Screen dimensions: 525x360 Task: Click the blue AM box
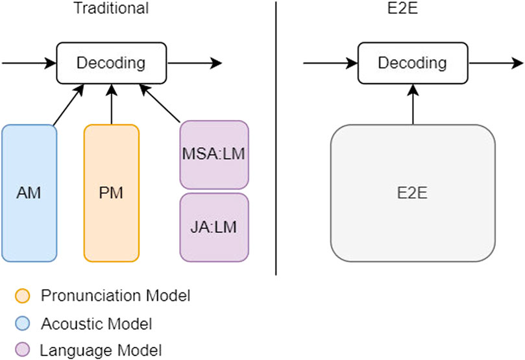pos(29,193)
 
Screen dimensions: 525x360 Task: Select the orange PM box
pos(111,193)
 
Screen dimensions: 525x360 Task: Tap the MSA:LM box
pos(214,154)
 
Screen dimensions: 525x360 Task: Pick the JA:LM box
pos(214,228)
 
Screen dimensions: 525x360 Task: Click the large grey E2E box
pos(413,193)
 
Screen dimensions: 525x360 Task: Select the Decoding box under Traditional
pos(111,63)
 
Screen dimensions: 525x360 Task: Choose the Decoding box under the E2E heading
pos(413,63)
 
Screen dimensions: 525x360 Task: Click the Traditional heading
pos(111,8)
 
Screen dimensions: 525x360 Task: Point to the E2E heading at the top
pos(402,8)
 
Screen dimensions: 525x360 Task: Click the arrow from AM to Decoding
pos(68,105)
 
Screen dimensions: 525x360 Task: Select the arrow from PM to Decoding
pos(112,104)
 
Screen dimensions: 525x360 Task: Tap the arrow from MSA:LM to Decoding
pos(160,103)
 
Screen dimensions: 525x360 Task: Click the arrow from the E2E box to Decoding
pos(413,104)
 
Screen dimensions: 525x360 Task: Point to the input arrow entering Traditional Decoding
pos(29,63)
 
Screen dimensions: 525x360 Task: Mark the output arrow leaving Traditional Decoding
pos(195,63)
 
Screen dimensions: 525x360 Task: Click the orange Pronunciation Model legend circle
pos(23,296)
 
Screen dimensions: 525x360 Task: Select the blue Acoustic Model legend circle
pos(23,323)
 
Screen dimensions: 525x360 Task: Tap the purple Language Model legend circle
pos(23,350)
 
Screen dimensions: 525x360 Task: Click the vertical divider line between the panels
pos(276,138)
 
